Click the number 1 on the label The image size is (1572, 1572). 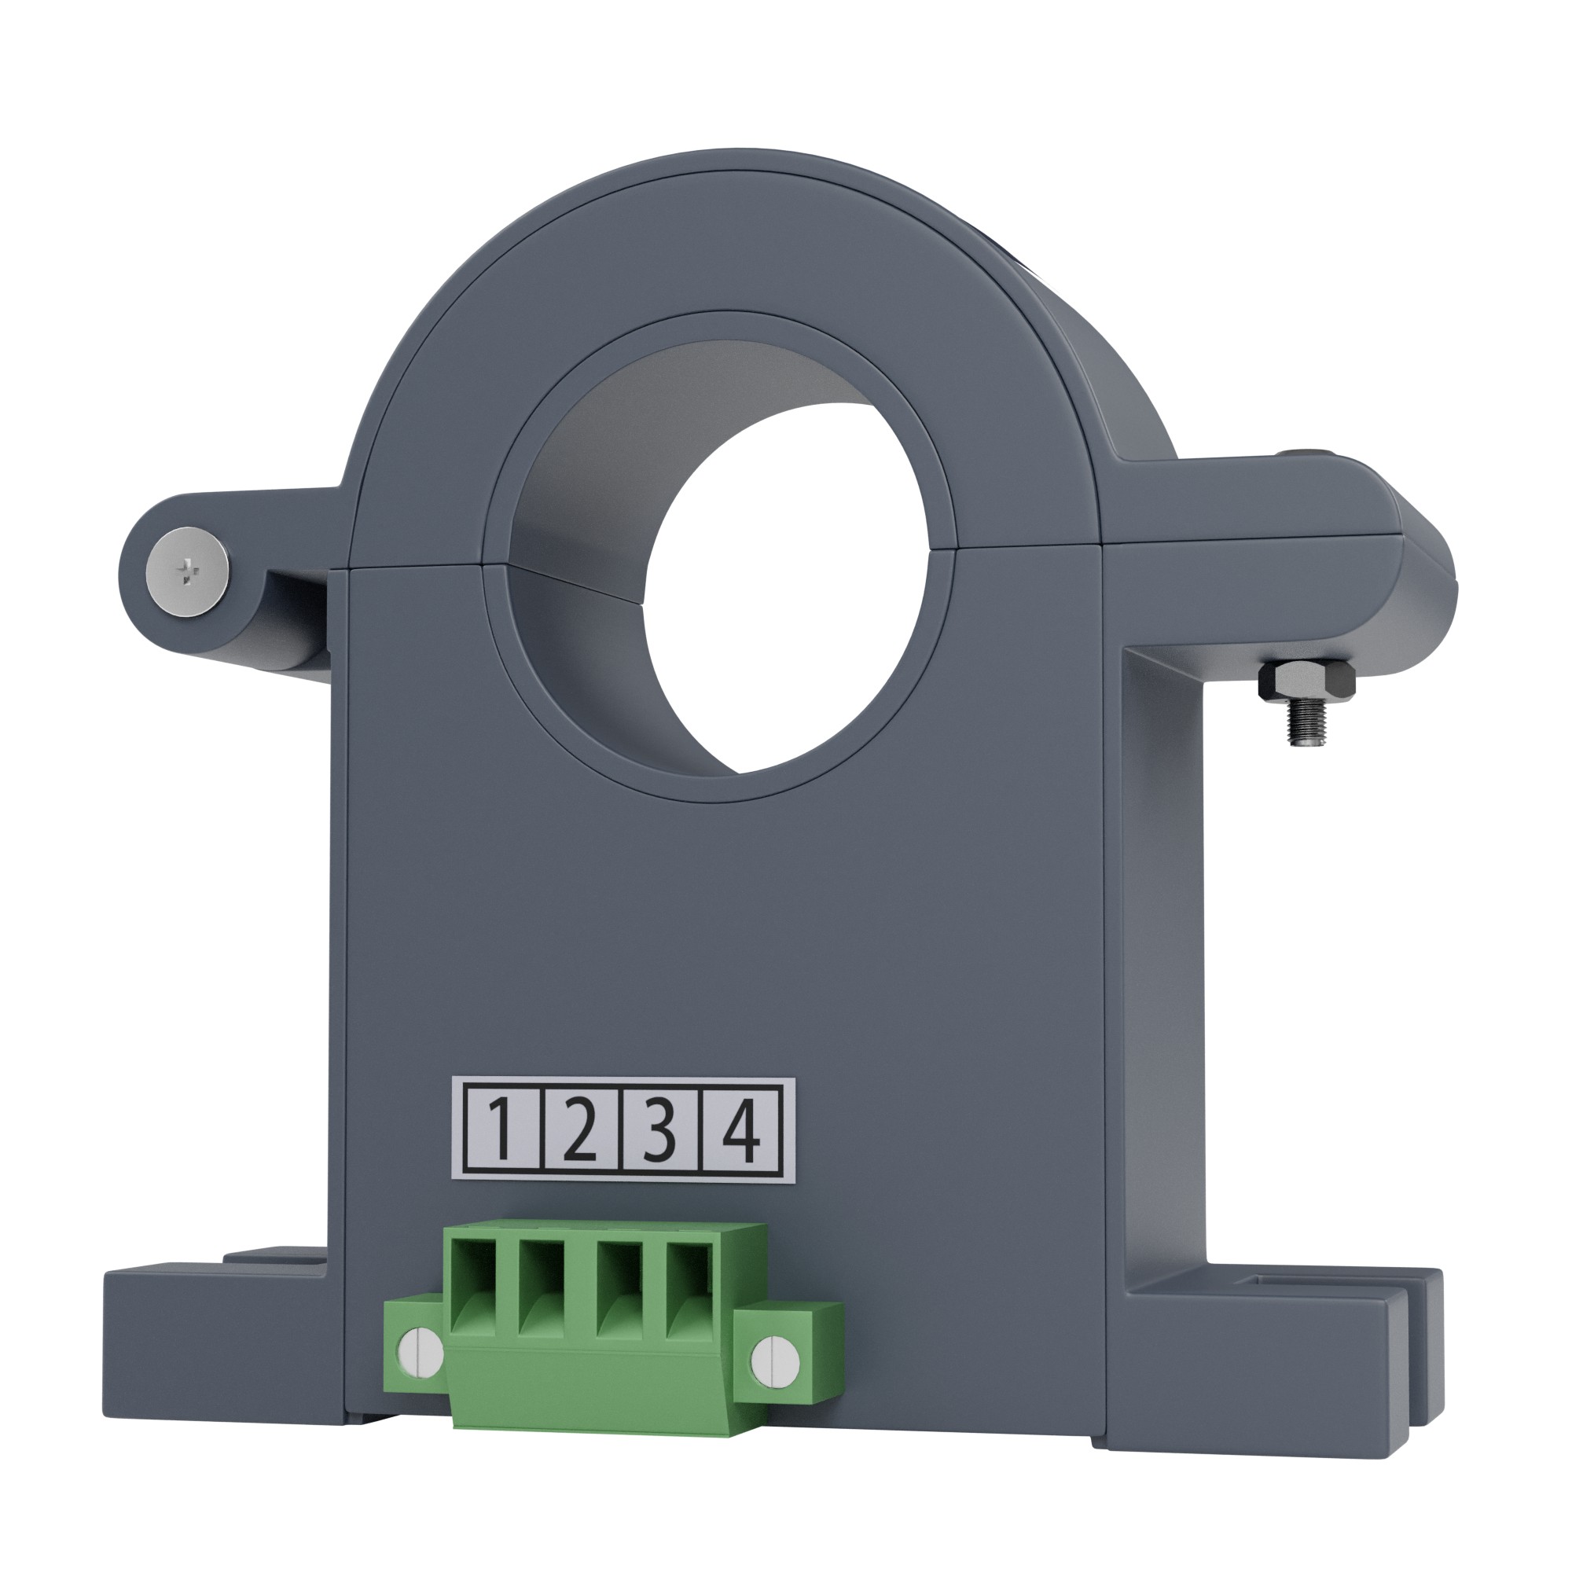click(501, 1130)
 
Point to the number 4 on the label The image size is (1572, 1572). click(740, 1130)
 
